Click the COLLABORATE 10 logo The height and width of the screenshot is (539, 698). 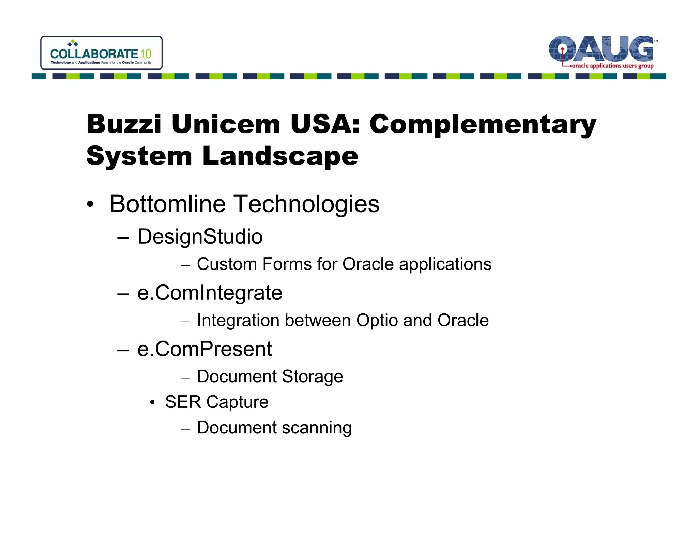tap(101, 53)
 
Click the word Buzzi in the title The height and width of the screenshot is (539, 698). tap(124, 124)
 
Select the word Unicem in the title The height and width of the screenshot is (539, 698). tap(226, 124)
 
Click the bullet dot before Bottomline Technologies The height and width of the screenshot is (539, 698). tap(90, 205)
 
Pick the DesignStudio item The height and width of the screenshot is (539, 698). tap(200, 237)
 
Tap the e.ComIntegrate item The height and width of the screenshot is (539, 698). tap(210, 293)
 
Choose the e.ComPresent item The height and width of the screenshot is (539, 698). tap(204, 349)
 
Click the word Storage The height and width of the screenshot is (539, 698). tap(312, 376)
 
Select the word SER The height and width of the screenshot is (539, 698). tap(183, 402)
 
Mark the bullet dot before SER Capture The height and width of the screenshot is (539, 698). tap(152, 403)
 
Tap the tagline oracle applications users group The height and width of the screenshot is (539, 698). tap(612, 66)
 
